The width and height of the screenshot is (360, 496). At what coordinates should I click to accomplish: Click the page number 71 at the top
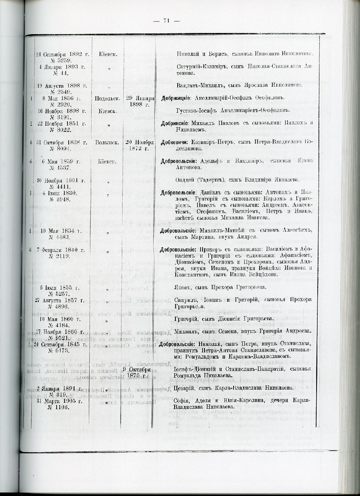click(167, 21)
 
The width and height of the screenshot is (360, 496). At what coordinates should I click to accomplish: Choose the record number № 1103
click(59, 407)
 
